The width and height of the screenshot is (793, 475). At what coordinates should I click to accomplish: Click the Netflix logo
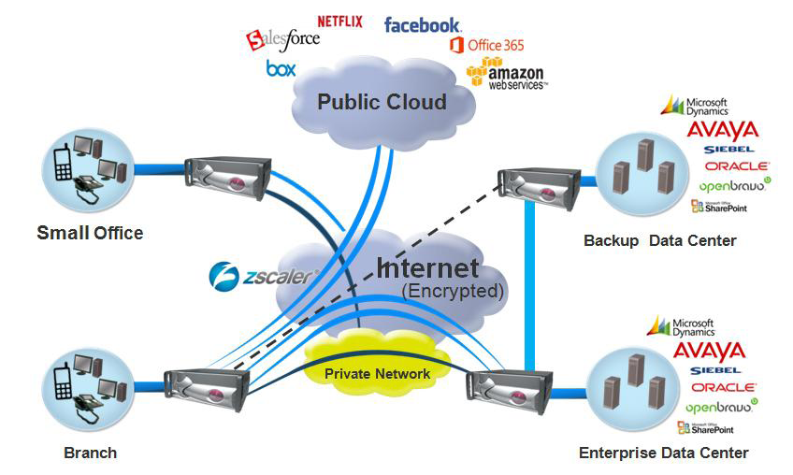[339, 21]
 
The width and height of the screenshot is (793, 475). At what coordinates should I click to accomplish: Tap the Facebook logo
[422, 24]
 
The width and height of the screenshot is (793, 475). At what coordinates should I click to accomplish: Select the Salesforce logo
[282, 38]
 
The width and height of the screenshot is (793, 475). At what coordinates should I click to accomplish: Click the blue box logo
[281, 67]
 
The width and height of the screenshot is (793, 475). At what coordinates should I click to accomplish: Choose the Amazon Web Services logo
[505, 74]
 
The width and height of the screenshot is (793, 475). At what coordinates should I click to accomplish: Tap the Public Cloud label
[382, 101]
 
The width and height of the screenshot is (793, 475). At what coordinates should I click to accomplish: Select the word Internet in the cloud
[426, 268]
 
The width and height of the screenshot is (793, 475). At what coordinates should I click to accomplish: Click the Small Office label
[90, 233]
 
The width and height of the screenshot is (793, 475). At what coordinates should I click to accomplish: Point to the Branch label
[91, 453]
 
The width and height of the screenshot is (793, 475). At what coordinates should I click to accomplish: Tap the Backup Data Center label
[660, 240]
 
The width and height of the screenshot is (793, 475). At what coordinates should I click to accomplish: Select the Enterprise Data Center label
[664, 453]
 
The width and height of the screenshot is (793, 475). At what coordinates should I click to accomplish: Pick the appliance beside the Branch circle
[207, 389]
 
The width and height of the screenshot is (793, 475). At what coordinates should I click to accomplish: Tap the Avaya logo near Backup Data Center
[722, 130]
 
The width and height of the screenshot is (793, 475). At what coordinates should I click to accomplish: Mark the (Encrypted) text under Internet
[453, 291]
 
